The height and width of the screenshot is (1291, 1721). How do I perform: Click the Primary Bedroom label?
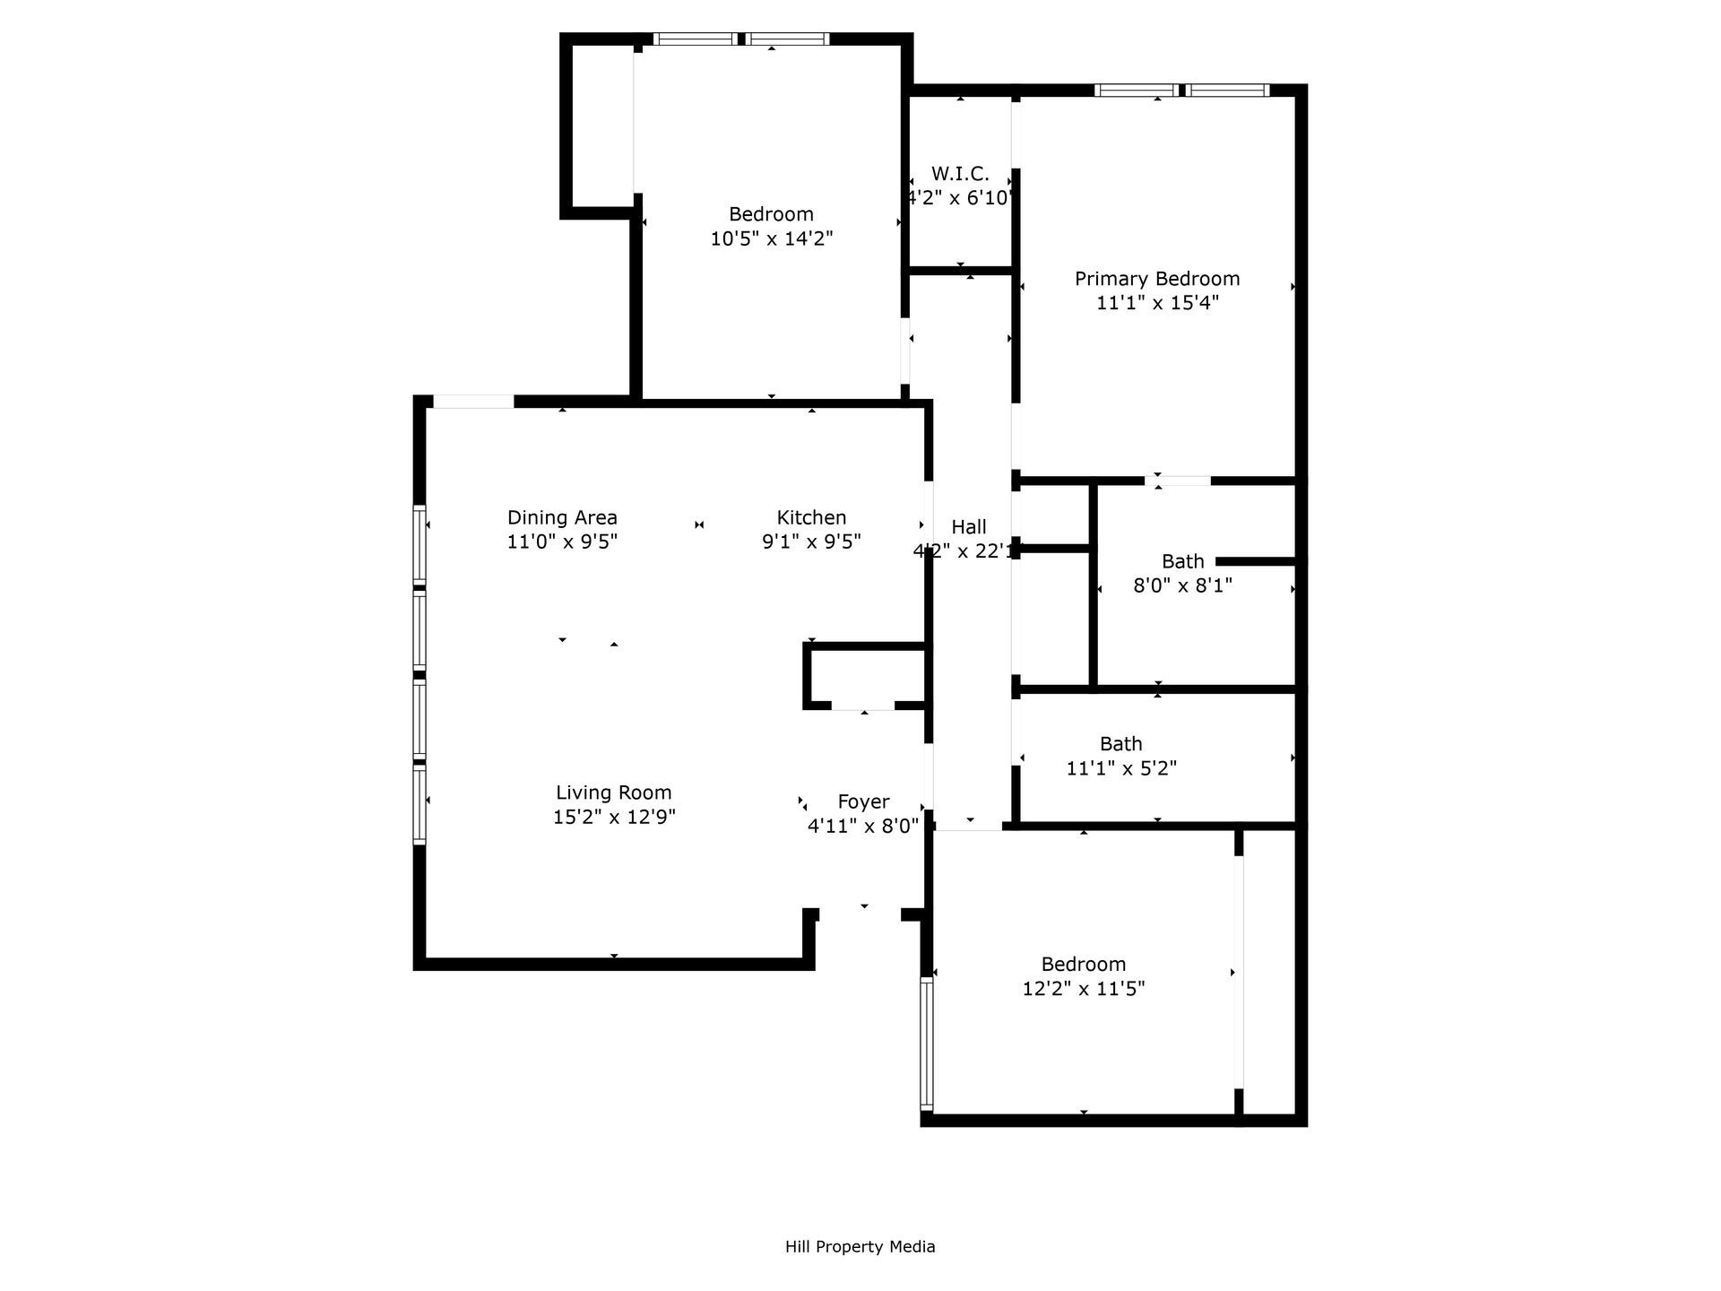tap(1157, 279)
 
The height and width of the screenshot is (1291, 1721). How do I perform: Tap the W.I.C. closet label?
tap(960, 174)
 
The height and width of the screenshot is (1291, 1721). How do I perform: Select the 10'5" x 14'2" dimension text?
tap(772, 238)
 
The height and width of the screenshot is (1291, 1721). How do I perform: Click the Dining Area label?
tap(562, 517)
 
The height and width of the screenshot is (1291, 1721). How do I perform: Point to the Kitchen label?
tap(811, 517)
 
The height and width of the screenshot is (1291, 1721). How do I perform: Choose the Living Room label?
tap(613, 793)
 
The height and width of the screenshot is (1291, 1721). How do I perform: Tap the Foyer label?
tap(863, 801)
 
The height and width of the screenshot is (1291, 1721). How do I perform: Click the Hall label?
tap(969, 527)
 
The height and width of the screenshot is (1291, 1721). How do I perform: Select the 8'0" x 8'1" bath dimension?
tap(1182, 585)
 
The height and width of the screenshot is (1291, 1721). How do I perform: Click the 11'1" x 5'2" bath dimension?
tap(1121, 768)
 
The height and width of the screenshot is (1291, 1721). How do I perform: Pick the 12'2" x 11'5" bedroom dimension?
tap(1084, 989)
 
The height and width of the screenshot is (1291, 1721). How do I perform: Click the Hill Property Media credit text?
tap(860, 1246)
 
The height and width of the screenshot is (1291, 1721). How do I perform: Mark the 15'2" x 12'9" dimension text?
tap(614, 817)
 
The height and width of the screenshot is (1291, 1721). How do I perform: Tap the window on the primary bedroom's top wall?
tap(1181, 90)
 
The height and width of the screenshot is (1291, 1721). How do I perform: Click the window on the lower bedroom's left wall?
tap(927, 1044)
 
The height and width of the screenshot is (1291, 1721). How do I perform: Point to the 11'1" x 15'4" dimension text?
tap(1157, 303)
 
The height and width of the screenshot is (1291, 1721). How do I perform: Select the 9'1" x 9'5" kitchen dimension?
tap(811, 542)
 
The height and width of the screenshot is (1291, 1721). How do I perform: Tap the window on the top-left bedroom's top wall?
tap(741, 39)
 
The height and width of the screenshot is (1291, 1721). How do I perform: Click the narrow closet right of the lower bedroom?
tap(1269, 973)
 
